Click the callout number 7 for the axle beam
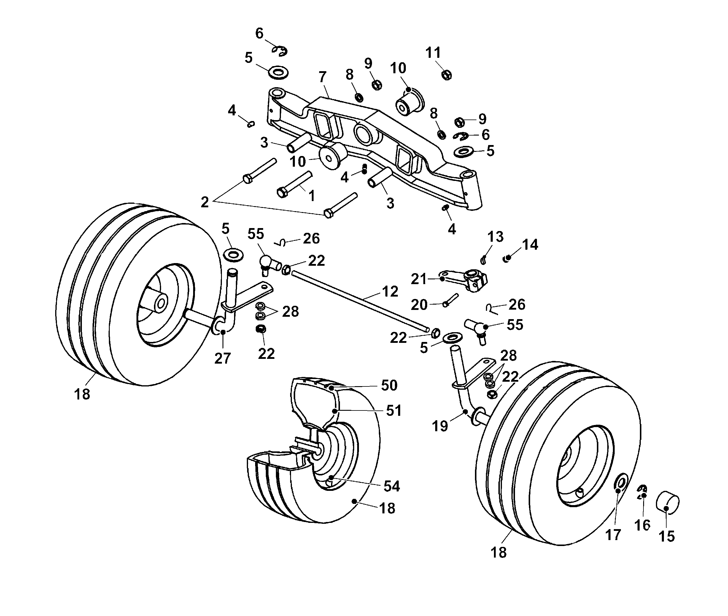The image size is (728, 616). click(322, 77)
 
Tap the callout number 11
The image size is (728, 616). click(433, 53)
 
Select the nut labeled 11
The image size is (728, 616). click(446, 75)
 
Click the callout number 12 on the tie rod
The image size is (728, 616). click(390, 292)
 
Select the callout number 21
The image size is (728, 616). click(419, 279)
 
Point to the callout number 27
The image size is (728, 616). click(222, 358)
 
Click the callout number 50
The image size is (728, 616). click(389, 385)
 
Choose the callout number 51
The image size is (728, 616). click(394, 411)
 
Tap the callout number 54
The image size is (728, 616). click(392, 486)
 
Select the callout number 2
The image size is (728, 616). click(205, 202)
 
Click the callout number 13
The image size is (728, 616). click(495, 236)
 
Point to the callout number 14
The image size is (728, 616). click(530, 244)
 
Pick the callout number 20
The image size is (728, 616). click(419, 305)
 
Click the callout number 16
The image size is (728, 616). click(642, 525)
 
